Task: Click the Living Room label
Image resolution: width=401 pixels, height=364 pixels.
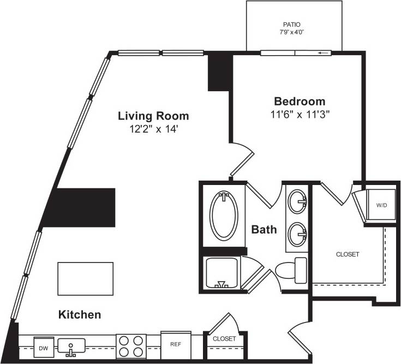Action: click(154, 116)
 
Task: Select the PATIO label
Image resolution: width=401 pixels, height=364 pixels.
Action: click(291, 25)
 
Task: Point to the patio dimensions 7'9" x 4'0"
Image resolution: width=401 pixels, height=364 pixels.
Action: click(291, 32)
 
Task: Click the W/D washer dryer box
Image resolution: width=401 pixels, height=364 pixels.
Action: click(381, 205)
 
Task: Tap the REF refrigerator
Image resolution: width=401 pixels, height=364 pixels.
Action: click(176, 344)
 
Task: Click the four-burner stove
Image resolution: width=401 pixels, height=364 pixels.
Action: click(131, 345)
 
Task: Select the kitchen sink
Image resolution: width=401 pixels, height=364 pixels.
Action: click(71, 346)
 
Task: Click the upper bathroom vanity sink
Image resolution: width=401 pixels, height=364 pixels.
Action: click(297, 200)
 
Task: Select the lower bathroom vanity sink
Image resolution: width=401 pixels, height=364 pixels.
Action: click(297, 233)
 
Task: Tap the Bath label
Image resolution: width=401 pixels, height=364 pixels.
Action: click(264, 230)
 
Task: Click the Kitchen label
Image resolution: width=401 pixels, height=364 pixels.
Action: click(80, 315)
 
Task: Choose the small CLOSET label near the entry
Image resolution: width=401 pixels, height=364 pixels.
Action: click(224, 338)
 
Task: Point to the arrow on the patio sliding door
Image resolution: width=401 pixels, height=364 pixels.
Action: click(324, 53)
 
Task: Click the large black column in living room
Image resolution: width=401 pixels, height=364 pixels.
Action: click(85, 207)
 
